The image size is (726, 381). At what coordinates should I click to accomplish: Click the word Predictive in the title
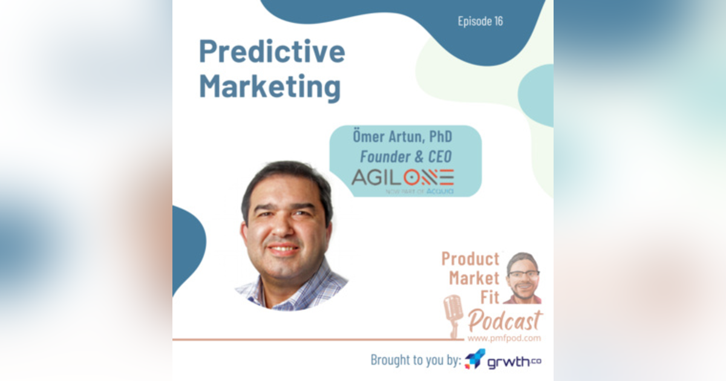[272, 53]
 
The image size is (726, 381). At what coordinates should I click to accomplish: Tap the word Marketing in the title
[270, 86]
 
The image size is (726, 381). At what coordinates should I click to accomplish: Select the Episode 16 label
[480, 21]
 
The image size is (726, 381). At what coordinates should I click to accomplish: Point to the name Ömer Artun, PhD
[402, 137]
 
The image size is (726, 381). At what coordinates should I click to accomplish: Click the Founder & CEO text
[405, 156]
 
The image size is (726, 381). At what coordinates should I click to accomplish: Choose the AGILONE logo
[402, 177]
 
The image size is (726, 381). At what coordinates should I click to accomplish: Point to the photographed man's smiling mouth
[283, 248]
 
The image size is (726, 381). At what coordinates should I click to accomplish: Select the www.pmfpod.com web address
[505, 338]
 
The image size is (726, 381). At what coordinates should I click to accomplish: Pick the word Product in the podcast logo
[470, 259]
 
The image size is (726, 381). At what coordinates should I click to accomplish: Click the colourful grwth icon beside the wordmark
[475, 359]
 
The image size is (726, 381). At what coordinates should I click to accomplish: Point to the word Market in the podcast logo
[474, 278]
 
